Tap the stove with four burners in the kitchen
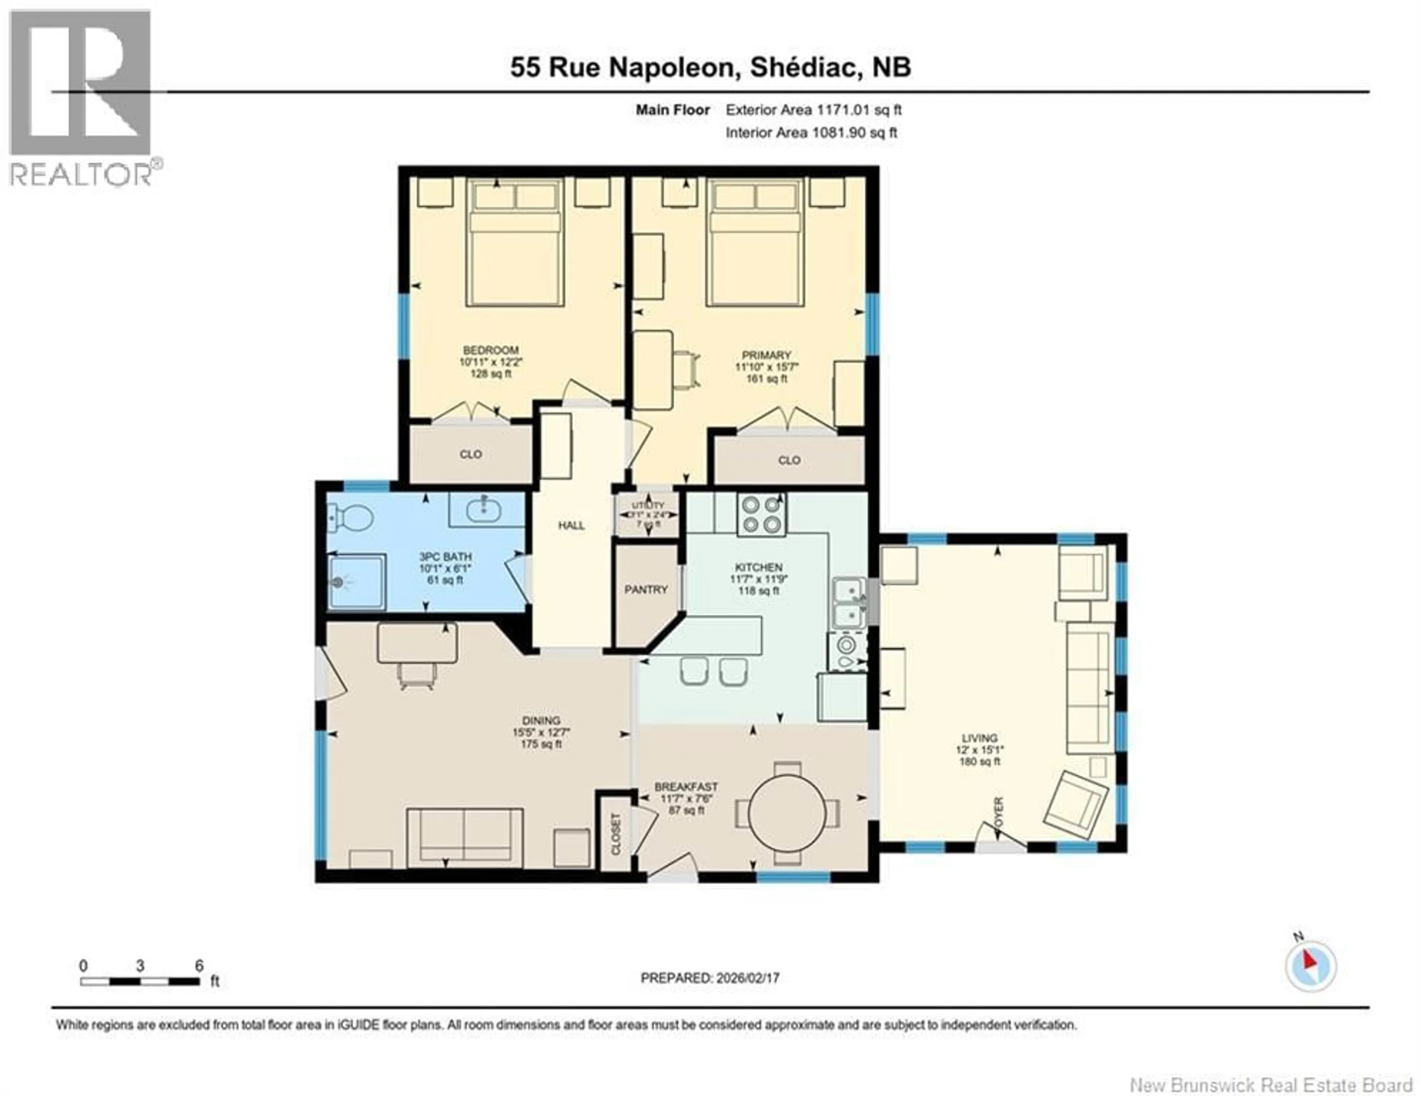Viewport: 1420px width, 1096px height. [x=761, y=514]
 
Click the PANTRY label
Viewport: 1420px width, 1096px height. [x=646, y=590]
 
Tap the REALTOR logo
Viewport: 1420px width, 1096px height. [x=81, y=98]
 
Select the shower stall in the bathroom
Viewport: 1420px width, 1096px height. [x=357, y=581]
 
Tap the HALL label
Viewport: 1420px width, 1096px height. [x=571, y=525]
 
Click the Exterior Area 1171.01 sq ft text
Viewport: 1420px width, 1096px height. [x=814, y=110]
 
